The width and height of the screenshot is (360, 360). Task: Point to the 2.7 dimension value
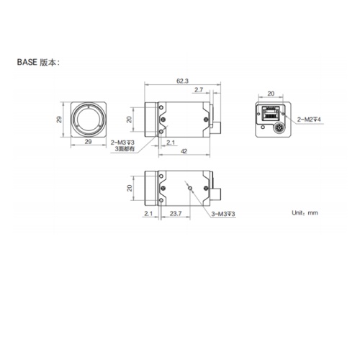click(199, 91)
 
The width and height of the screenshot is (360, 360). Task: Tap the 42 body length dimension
click(185, 152)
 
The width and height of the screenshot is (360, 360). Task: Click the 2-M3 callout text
click(123, 143)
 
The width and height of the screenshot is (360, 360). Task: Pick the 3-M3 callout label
click(223, 215)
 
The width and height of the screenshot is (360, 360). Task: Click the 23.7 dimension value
click(176, 214)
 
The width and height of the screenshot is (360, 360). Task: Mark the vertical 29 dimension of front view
click(60, 120)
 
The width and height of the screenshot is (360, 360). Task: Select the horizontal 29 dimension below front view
click(88, 143)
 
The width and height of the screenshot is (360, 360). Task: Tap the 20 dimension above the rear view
click(271, 94)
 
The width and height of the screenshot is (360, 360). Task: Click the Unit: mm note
click(304, 213)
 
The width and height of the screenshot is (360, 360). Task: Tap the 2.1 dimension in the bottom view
click(148, 214)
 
